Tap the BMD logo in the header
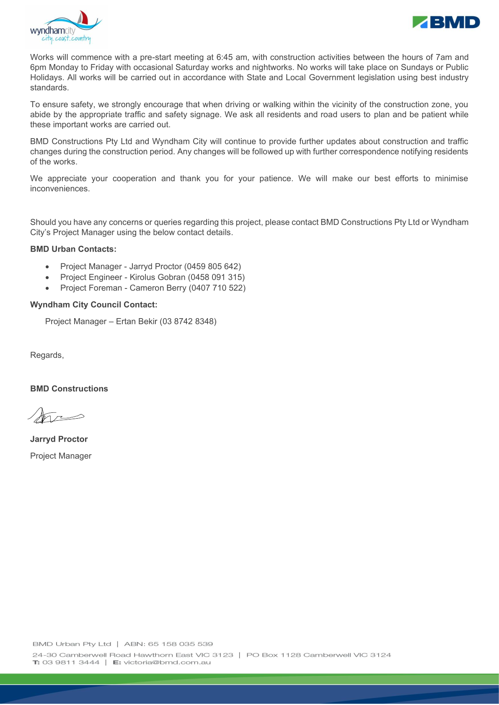446,22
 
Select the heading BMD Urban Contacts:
73,249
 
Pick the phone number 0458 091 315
216,277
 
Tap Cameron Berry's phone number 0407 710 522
217,288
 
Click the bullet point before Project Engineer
47,278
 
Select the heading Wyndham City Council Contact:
94,305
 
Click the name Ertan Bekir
137,322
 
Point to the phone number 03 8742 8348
188,322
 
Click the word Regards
46,355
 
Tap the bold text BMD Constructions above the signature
69,389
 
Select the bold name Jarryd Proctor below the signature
59,439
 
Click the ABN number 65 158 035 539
180,644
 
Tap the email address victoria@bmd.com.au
167,662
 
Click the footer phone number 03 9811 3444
71,662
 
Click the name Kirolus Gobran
158,277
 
